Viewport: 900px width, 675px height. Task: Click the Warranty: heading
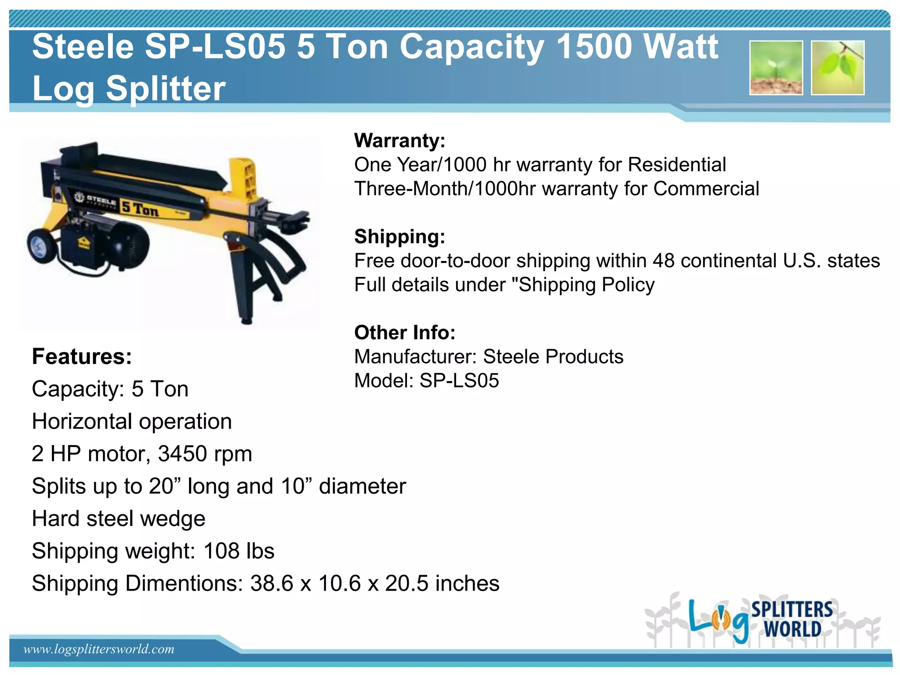click(x=400, y=141)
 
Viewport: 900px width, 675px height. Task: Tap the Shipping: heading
click(x=400, y=237)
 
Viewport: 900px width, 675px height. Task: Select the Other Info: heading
click(x=405, y=333)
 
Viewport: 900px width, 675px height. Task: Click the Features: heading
click(x=82, y=356)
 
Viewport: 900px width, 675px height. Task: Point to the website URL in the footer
click(x=99, y=649)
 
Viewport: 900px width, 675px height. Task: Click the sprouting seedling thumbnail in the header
click(x=776, y=68)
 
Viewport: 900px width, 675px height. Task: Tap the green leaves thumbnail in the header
click(x=838, y=68)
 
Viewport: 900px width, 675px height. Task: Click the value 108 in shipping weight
click(x=221, y=551)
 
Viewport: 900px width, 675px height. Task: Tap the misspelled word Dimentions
click(x=184, y=584)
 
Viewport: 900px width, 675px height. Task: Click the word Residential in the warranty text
click(x=677, y=165)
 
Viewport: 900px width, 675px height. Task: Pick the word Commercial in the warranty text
click(x=706, y=189)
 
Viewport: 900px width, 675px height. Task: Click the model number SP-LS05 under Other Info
click(x=459, y=381)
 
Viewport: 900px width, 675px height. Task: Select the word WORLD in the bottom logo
click(x=792, y=629)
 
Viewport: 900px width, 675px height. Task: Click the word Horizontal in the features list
click(x=82, y=421)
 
